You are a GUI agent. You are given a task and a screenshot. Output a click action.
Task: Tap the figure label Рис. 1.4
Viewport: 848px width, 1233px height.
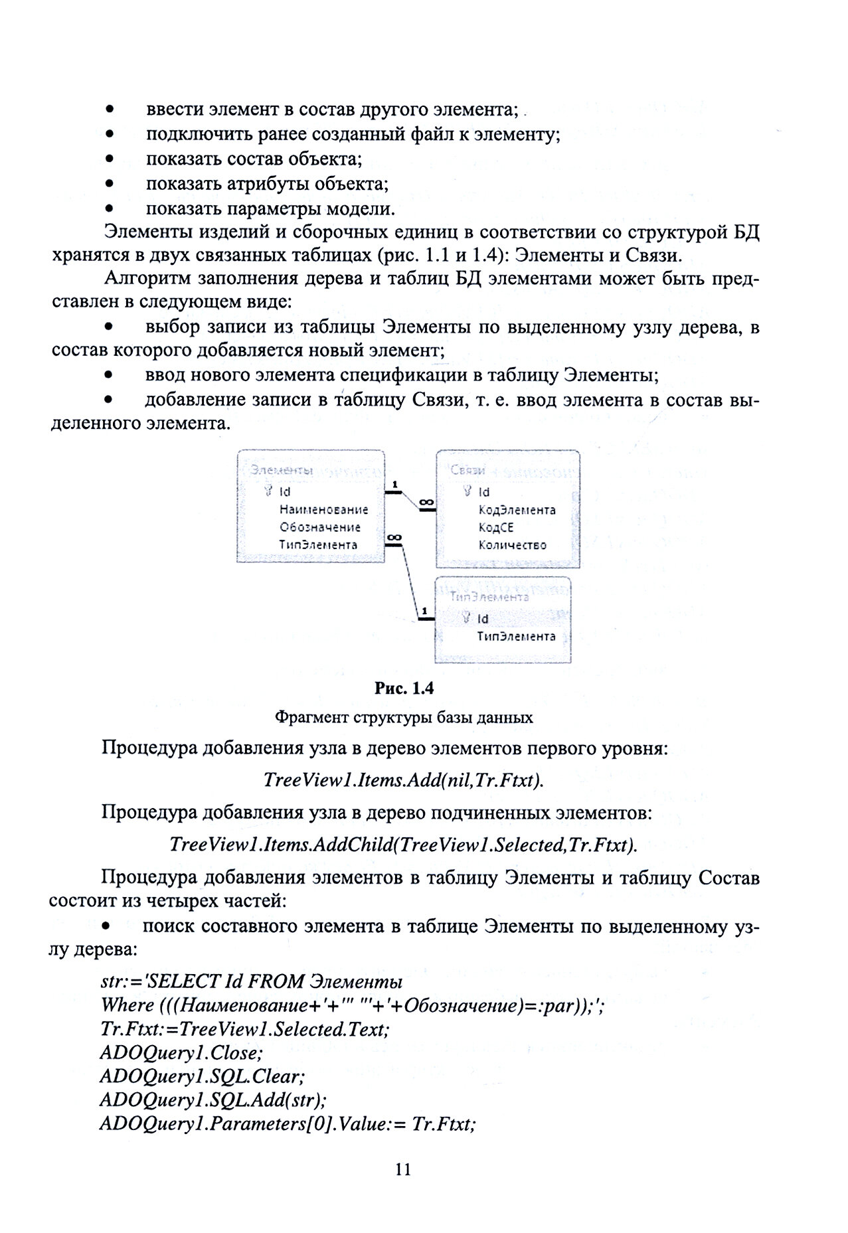click(404, 688)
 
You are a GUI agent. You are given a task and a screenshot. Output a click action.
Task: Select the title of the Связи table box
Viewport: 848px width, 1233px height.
click(467, 470)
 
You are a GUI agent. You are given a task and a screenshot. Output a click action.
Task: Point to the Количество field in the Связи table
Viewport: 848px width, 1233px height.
click(512, 545)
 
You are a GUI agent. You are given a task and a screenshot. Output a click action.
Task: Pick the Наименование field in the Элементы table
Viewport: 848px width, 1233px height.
click(323, 510)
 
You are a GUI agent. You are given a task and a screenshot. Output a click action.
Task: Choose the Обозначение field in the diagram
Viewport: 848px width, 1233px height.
click(319, 527)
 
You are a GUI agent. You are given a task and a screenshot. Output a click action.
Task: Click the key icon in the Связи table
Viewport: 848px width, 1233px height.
click(468, 491)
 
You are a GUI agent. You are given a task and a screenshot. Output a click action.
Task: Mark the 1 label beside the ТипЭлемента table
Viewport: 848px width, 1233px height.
click(424, 610)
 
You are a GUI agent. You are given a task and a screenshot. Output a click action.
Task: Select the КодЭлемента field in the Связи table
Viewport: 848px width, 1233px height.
click(517, 510)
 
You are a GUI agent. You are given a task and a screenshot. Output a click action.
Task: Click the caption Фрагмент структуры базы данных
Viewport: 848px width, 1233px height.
click(403, 717)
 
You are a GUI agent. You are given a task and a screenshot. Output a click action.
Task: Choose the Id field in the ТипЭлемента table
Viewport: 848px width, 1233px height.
click(483, 618)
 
